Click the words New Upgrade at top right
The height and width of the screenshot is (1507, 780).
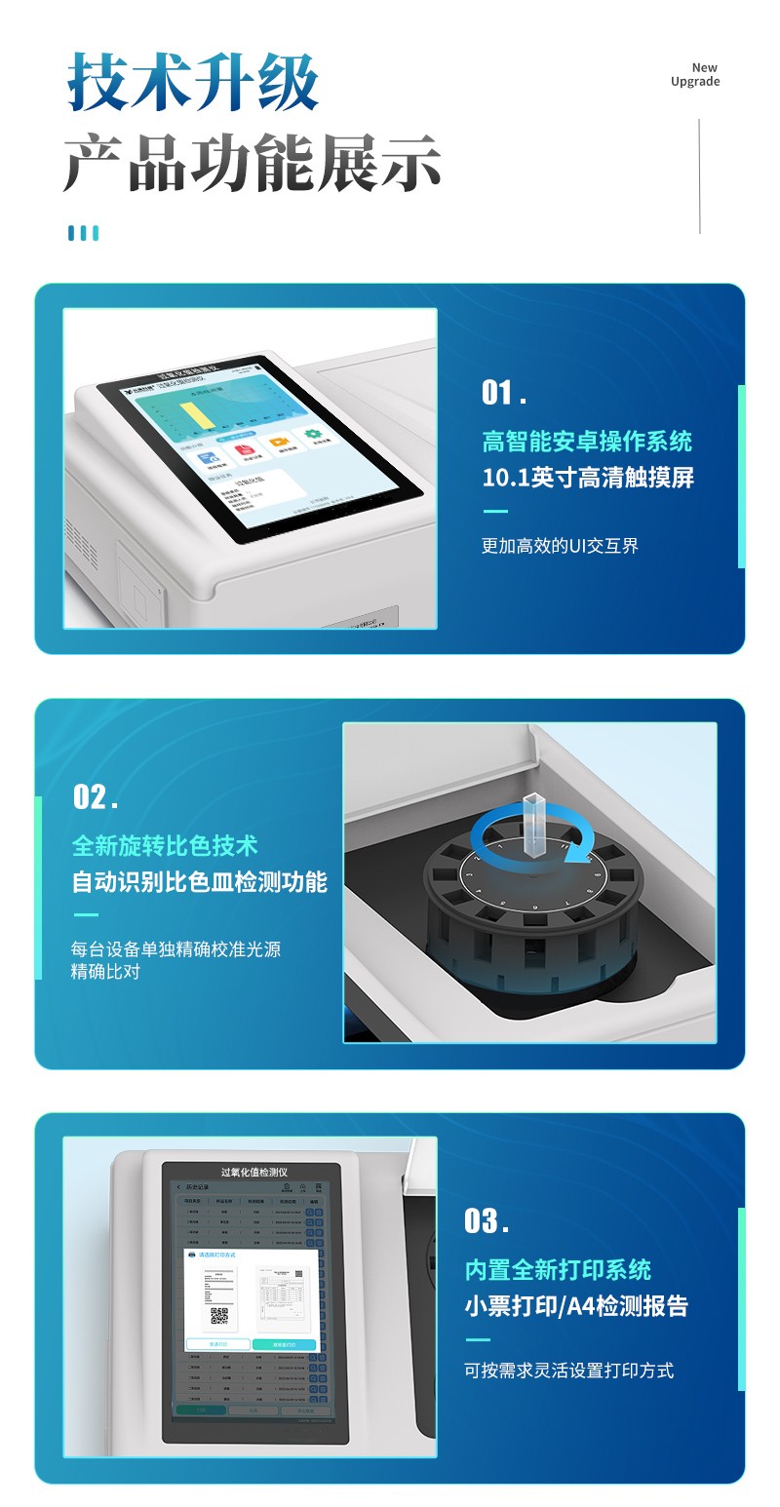695,75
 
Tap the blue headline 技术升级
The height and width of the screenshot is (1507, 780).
193,82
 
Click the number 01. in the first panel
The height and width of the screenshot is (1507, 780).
504,393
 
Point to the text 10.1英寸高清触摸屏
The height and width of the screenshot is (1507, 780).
588,478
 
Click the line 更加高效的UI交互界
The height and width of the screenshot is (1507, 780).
560,546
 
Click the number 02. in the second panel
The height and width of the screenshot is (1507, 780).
96,797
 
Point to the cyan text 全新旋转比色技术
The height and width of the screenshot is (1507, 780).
165,845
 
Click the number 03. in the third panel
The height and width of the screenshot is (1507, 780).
487,1221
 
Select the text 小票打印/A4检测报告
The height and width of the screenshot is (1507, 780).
576,1306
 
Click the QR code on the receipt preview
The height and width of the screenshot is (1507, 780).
219,1316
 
